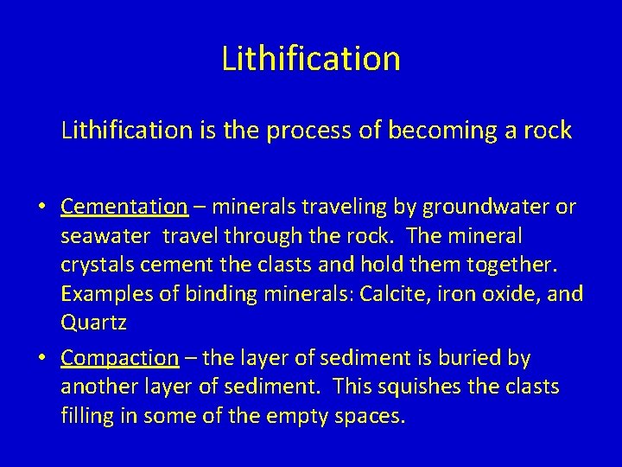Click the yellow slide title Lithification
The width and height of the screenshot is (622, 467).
pos(311,59)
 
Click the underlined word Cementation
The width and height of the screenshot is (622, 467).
pos(124,207)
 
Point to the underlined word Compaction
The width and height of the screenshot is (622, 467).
pos(120,358)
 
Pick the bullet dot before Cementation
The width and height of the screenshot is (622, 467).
pos(42,208)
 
